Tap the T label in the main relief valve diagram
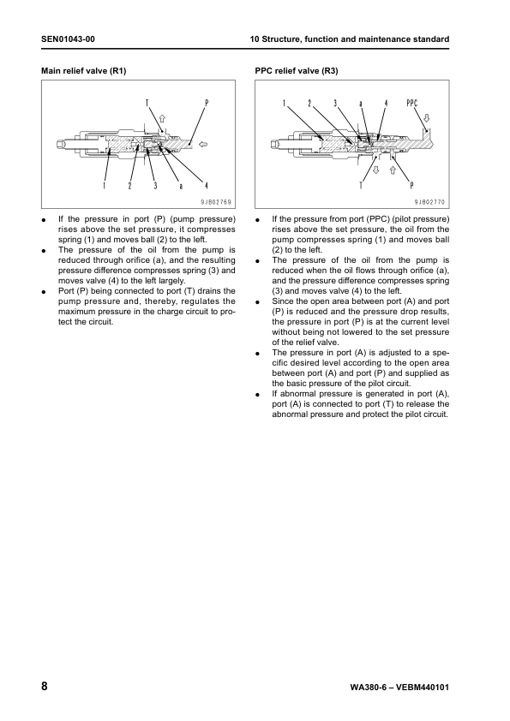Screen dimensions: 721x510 (147, 103)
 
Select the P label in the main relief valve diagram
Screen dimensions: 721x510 (206, 103)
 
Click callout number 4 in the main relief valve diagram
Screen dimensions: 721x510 (206, 185)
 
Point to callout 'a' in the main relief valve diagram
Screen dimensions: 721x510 (180, 185)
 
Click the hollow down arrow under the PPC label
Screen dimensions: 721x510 (427, 117)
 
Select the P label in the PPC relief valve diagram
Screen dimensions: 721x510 (412, 185)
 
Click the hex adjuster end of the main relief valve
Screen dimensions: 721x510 (61, 145)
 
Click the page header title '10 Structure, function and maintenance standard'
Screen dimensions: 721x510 (349, 40)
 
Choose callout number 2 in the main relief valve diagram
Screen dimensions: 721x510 (129, 185)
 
